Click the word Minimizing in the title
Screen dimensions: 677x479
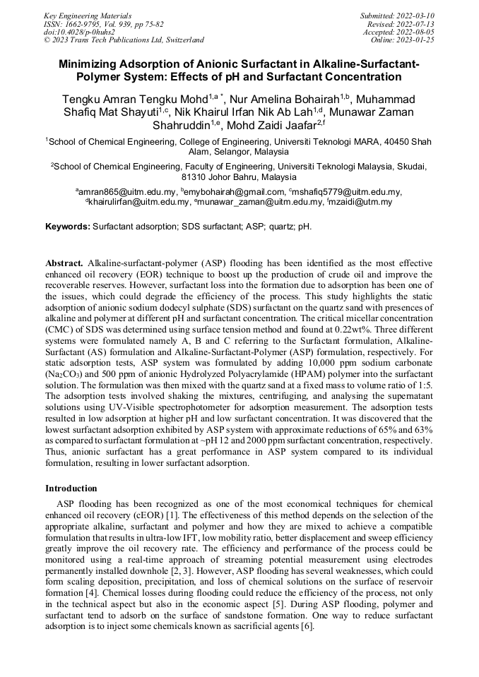point(90,65)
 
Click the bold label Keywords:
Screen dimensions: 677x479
point(68,227)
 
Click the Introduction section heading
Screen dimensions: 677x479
point(71,489)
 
